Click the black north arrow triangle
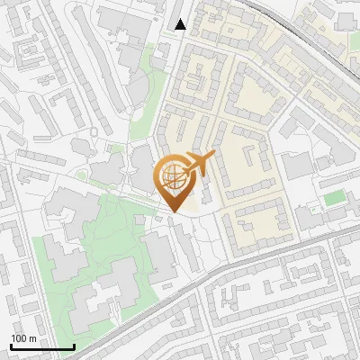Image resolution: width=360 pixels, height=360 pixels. point(181,24)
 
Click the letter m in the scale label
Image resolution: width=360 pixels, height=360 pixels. point(32,338)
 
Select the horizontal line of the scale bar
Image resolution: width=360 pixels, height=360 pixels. point(41,347)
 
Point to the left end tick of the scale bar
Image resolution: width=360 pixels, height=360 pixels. point(11,346)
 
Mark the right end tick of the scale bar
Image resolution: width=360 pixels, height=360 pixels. point(73,346)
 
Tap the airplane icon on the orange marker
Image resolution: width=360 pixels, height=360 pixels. point(197,165)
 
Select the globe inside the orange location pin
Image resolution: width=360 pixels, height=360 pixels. point(172,178)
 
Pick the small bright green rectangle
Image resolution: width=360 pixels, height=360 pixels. point(334,197)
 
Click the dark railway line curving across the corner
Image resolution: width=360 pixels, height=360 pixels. point(306,36)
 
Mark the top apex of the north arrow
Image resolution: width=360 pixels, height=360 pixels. point(181,18)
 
